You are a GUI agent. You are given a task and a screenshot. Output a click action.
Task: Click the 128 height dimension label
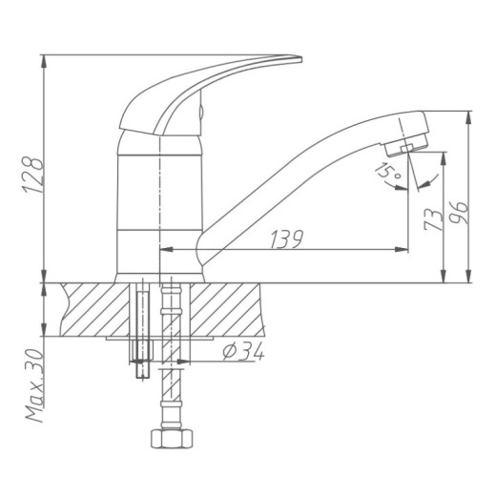[32, 175]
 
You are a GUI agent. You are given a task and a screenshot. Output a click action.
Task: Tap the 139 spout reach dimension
[287, 239]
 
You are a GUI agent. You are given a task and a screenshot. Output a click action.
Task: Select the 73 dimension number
[434, 219]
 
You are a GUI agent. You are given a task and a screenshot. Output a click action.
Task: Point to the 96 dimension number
[459, 213]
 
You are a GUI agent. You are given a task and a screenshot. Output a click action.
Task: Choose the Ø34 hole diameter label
[243, 351]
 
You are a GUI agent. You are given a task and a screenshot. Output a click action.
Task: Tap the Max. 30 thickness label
[34, 385]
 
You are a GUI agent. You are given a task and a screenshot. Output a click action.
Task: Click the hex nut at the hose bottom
[172, 439]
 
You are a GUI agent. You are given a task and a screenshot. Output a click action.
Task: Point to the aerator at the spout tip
[405, 145]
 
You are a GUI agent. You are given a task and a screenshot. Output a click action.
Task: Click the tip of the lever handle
[300, 59]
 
